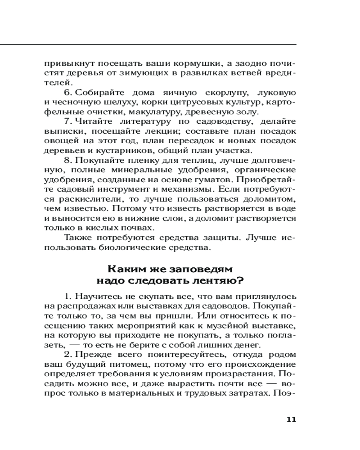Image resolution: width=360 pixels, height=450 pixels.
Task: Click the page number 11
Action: (x=291, y=419)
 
